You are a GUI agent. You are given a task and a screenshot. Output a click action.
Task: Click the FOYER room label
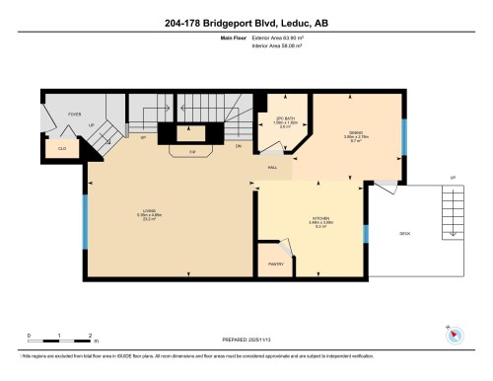coord(74,114)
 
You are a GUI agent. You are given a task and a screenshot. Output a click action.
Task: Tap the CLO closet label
coord(61,147)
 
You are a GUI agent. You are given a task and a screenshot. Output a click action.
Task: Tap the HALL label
coord(272,167)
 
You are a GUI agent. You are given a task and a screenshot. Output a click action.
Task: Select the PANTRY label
coord(276,264)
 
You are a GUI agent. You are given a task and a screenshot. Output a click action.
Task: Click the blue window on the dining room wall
coord(403,139)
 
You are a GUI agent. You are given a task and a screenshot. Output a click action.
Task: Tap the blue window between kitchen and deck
coord(365,234)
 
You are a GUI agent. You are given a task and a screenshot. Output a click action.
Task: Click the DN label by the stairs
coord(239,145)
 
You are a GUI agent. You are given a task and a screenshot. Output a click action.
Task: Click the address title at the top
coord(246,22)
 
